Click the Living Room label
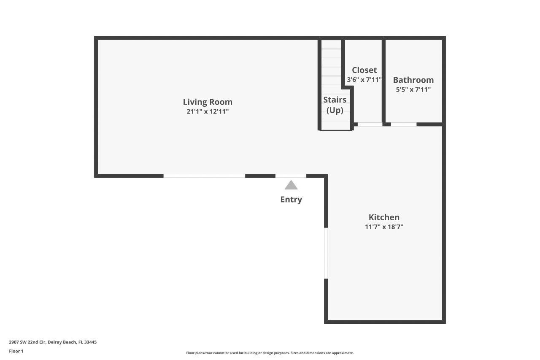(x=208, y=102)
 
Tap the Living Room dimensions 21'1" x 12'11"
(x=208, y=112)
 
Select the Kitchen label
(x=384, y=217)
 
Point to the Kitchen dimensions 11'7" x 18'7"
(x=384, y=227)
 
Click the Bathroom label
(x=413, y=80)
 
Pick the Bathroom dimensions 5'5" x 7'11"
(x=413, y=89)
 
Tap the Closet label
(x=364, y=70)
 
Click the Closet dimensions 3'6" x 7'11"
(x=364, y=79)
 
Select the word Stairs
(x=335, y=100)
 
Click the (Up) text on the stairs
(x=335, y=110)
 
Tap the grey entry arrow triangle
(x=291, y=185)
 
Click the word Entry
(x=291, y=199)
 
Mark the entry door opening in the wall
(x=291, y=176)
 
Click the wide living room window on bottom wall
(x=204, y=176)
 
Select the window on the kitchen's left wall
(x=326, y=253)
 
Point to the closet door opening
(x=370, y=125)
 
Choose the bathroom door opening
(x=403, y=125)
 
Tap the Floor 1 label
(x=16, y=351)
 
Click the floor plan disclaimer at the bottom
(x=270, y=353)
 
